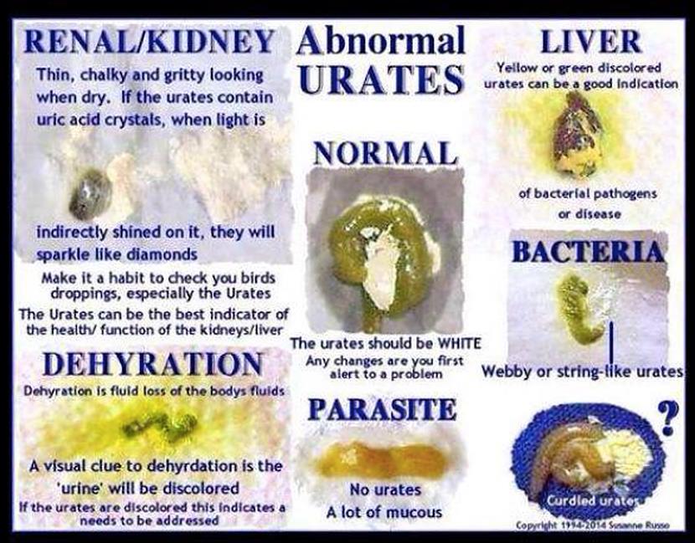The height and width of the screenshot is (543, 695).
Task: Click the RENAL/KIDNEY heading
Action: tap(149, 42)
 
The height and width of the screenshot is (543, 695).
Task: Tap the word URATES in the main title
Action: tap(381, 80)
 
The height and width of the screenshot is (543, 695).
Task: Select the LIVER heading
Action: tap(590, 40)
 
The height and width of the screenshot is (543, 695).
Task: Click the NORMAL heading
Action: tap(385, 154)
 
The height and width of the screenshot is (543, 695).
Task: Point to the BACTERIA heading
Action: tap(588, 251)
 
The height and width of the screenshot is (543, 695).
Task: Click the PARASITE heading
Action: tap(382, 409)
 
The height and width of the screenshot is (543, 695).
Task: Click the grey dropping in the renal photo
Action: tap(90, 194)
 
